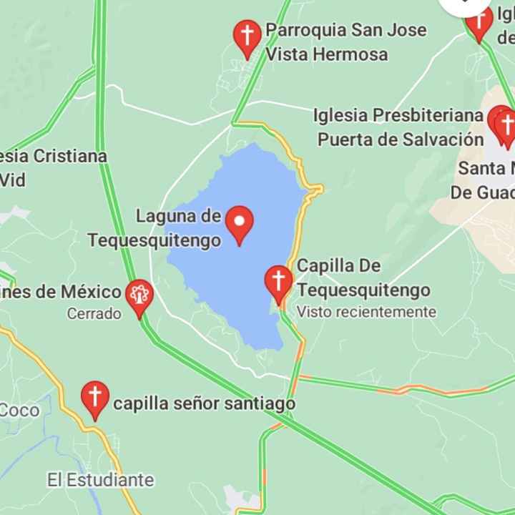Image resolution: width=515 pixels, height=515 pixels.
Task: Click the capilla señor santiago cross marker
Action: pyautogui.click(x=94, y=398)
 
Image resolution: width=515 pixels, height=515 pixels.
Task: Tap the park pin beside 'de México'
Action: pyautogui.click(x=139, y=296)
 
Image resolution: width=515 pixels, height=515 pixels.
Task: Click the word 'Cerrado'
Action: pyautogui.click(x=94, y=313)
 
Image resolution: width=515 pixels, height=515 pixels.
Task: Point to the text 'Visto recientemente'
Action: pyautogui.click(x=366, y=312)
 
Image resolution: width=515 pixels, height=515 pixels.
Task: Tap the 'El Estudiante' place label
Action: pyautogui.click(x=101, y=479)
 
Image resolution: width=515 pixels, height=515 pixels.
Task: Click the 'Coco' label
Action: pyautogui.click(x=20, y=411)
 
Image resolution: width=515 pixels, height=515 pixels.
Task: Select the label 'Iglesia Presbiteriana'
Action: pyautogui.click(x=398, y=116)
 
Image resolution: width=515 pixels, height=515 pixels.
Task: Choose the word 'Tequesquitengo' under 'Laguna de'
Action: pyautogui.click(x=154, y=240)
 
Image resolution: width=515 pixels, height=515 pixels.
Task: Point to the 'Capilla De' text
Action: pyautogui.click(x=338, y=266)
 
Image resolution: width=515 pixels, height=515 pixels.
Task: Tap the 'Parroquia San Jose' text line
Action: pyautogui.click(x=345, y=30)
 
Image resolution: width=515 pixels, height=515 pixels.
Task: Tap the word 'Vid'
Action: pyautogui.click(x=13, y=180)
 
